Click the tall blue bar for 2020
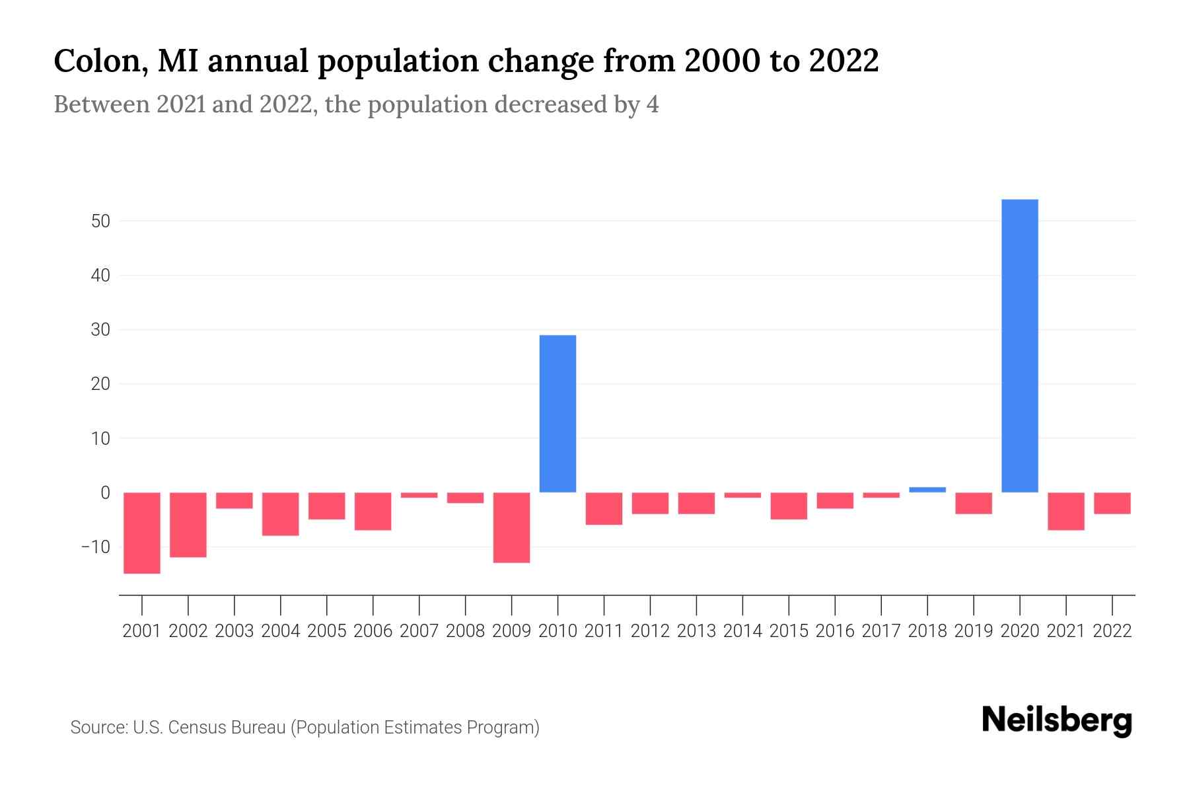(1019, 346)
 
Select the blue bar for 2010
(558, 414)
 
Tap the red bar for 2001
(142, 533)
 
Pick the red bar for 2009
(511, 527)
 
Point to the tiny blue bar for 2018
(927, 490)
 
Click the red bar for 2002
(188, 525)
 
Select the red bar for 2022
(1112, 503)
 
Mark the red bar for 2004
(281, 513)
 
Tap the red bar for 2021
(1065, 511)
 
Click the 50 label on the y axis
(100, 221)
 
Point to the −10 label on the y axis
(96, 547)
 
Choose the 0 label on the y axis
(105, 493)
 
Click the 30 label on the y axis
(100, 330)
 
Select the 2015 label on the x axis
(789, 631)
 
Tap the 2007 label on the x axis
(419, 631)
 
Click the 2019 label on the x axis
(973, 631)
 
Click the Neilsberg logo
(1057, 720)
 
